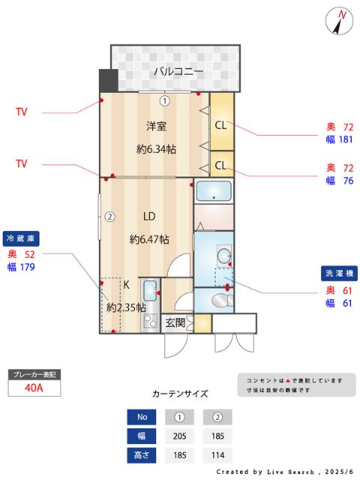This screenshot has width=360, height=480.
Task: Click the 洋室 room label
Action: [155, 127]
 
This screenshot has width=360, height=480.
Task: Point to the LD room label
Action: [149, 217]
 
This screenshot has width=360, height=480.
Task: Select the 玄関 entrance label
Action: [175, 323]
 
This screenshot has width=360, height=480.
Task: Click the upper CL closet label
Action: [222, 125]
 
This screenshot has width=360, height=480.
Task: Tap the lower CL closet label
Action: [222, 164]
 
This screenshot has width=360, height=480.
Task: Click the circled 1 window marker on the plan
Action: [164, 100]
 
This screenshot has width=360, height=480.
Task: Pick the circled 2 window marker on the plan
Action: [109, 217]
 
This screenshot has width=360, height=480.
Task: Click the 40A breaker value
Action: [34, 388]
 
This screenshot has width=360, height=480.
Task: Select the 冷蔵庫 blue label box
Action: [21, 239]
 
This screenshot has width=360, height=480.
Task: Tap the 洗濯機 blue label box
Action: [340, 273]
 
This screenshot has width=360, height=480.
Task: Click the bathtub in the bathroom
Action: [214, 191]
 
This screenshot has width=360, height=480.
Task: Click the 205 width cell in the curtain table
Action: [179, 436]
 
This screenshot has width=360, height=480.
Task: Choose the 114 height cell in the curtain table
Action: [217, 454]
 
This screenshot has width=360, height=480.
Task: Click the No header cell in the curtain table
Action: [142, 417]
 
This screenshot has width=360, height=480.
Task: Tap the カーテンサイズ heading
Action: [180, 393]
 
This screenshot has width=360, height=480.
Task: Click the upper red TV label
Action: [22, 112]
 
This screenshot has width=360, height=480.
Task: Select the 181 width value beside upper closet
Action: [346, 139]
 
